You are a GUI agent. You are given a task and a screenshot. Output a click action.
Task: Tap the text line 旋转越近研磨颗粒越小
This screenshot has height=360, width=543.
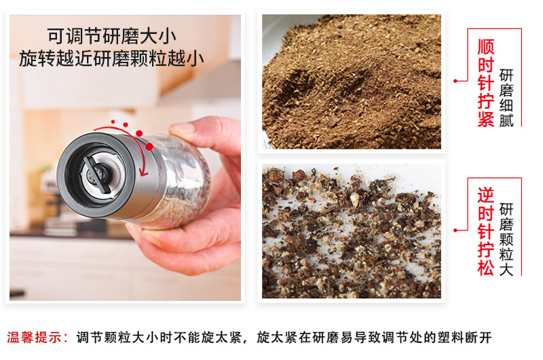pyautogui.click(x=112, y=59)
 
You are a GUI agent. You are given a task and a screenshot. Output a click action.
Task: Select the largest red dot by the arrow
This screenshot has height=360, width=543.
pyautogui.click(x=140, y=134)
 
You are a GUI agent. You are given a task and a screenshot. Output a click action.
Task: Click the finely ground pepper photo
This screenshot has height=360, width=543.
pyautogui.click(x=351, y=82)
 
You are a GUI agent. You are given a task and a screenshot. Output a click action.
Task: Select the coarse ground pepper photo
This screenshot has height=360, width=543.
pyautogui.click(x=351, y=232)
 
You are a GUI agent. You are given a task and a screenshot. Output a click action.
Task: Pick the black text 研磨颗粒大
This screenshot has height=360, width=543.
pyautogui.click(x=507, y=238)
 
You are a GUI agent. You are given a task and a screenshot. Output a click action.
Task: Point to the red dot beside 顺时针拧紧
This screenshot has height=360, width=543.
pyautogui.click(x=457, y=80)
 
